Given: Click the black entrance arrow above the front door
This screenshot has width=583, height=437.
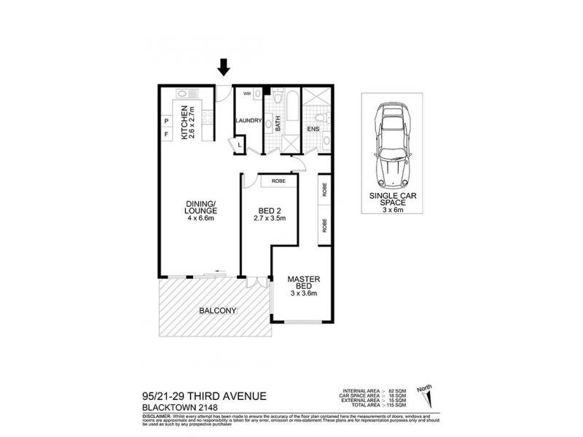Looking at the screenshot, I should (224, 68).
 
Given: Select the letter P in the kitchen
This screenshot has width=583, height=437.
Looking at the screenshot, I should (166, 121).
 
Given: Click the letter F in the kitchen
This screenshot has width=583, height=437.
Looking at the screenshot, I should (166, 135).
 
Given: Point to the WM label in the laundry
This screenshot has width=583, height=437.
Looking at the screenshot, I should (247, 94).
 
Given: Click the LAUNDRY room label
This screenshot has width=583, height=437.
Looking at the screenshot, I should (248, 121).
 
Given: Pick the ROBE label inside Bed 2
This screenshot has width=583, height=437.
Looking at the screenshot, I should (278, 180).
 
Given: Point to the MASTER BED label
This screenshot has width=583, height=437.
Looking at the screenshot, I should (305, 284).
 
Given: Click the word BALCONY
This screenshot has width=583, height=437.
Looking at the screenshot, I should (218, 311).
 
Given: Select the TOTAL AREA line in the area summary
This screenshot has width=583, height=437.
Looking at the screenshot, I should (369, 403).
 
